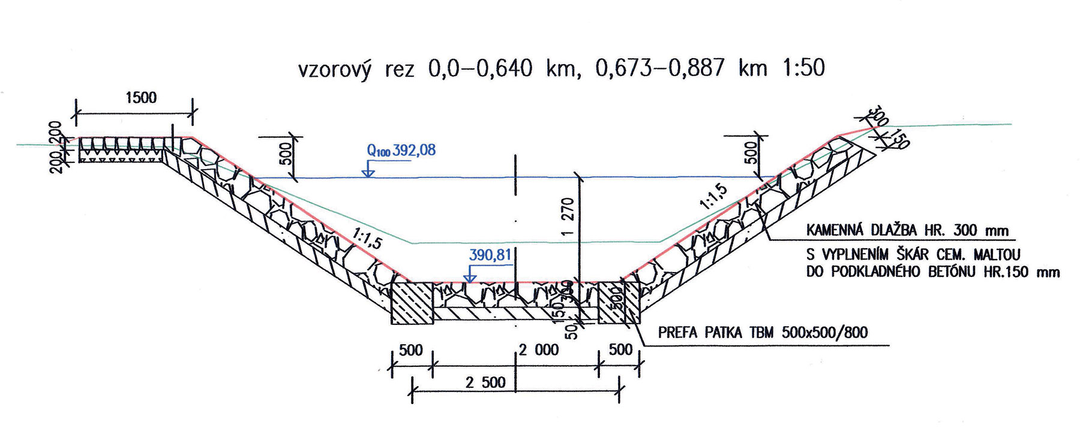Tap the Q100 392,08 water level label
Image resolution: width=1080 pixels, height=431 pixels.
pos(401,150)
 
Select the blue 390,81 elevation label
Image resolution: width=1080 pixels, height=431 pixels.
pos(490,255)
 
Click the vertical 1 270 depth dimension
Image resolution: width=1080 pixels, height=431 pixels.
pos(569,216)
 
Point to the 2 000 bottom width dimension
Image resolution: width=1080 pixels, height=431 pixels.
pos(539,349)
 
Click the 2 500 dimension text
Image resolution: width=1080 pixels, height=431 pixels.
pos(485,382)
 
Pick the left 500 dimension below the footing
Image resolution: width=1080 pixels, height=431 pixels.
pos(411,349)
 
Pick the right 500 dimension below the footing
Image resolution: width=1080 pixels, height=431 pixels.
pos(620,349)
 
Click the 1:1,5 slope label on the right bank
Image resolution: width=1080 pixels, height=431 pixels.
pos(713,197)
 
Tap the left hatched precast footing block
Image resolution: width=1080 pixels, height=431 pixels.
pos(412,303)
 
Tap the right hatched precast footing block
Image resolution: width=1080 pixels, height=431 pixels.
pos(620,303)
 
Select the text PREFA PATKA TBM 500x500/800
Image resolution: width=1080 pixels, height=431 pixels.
pos(763,333)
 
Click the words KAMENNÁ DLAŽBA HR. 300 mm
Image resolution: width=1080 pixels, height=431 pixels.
pos(907,230)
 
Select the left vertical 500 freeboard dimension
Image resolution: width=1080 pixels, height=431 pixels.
pos(286,153)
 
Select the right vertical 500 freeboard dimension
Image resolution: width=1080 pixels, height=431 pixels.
pos(751,153)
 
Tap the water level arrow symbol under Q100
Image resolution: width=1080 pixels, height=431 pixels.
pos(368,171)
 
